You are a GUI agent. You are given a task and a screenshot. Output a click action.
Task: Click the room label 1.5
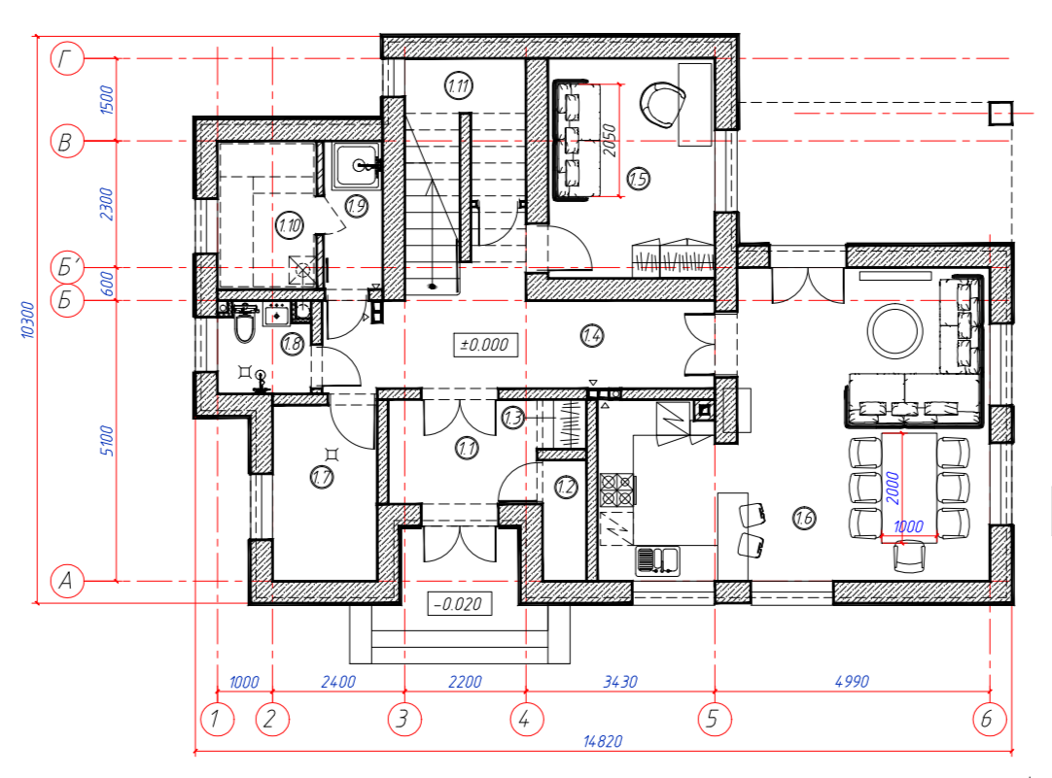pos(638,179)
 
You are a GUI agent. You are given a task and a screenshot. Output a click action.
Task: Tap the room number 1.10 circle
pos(290,225)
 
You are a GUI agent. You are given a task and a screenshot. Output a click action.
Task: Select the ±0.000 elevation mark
pos(485,345)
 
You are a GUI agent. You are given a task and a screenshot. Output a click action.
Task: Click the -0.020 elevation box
pos(459,604)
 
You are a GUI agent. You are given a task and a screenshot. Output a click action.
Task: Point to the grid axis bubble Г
pos(67,58)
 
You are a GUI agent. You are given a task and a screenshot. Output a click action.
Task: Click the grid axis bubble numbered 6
pos(990,719)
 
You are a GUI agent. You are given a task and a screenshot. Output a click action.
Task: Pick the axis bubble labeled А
pos(67,580)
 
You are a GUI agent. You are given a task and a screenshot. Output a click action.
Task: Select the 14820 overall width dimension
pos(603,741)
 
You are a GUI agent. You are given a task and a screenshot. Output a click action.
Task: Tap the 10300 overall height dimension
pos(27,321)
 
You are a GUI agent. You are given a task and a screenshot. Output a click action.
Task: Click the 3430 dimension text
pos(620,682)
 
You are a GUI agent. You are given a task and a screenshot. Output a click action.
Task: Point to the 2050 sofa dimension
pos(609,141)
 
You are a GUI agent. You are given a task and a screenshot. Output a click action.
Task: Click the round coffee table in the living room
pos(895,330)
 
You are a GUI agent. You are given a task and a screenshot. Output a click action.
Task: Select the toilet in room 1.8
pos(245,325)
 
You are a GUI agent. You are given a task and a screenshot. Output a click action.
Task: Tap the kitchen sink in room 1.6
pos(657,560)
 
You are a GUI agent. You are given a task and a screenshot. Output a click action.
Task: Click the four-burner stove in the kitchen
pos(616,490)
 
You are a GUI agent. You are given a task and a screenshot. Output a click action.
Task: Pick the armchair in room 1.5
pos(662,105)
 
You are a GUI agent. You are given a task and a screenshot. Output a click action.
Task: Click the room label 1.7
pos(322,477)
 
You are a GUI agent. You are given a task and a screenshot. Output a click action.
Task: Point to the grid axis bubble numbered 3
pos(404,719)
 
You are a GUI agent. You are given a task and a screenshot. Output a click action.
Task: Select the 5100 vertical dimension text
pos(107,440)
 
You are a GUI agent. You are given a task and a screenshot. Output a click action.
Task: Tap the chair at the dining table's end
pos(909,557)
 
